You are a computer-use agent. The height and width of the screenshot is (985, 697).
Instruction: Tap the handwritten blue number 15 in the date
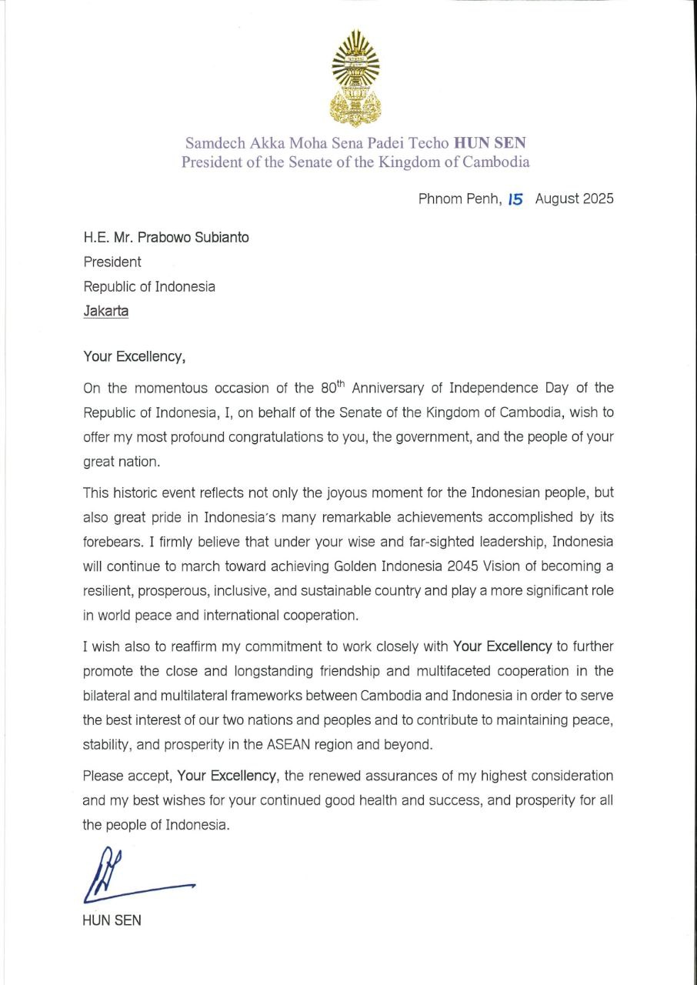tap(515, 199)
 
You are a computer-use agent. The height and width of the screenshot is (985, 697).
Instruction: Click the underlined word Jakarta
tap(106, 311)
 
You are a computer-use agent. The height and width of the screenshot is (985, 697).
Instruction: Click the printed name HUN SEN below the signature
tap(112, 920)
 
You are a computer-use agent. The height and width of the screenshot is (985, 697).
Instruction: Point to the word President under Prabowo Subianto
tap(112, 262)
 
